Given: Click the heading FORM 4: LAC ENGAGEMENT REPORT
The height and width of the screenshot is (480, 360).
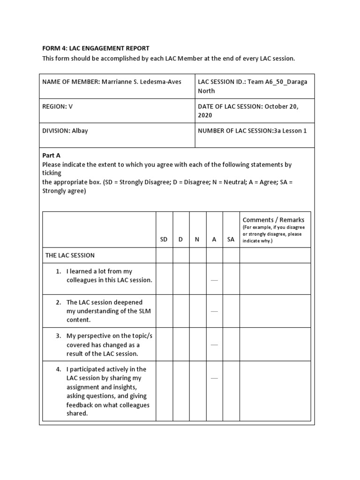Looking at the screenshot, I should [96, 48].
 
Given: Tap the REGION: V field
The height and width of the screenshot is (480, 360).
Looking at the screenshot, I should [58, 106].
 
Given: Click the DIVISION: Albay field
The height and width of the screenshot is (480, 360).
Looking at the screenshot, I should [65, 131].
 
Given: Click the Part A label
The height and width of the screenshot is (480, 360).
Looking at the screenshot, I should [52, 155].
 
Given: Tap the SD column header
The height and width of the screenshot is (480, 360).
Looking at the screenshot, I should [164, 239].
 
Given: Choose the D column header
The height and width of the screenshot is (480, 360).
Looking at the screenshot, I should [180, 239].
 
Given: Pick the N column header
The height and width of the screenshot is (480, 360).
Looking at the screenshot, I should [197, 239].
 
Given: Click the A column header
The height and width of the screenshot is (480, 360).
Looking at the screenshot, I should [214, 239].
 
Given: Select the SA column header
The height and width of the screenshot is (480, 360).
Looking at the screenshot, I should [231, 239].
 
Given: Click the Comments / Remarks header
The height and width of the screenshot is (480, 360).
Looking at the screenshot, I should [273, 220].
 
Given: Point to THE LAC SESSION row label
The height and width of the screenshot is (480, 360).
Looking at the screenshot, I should [70, 255].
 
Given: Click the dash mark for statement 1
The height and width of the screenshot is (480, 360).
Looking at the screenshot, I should [214, 280].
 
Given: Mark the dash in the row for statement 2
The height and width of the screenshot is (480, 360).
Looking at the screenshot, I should [214, 311].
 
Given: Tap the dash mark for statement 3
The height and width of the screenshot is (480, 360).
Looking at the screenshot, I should [214, 345].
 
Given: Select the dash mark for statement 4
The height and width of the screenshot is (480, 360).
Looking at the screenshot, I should [214, 378].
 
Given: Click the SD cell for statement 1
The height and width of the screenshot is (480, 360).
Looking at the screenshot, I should [164, 279].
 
